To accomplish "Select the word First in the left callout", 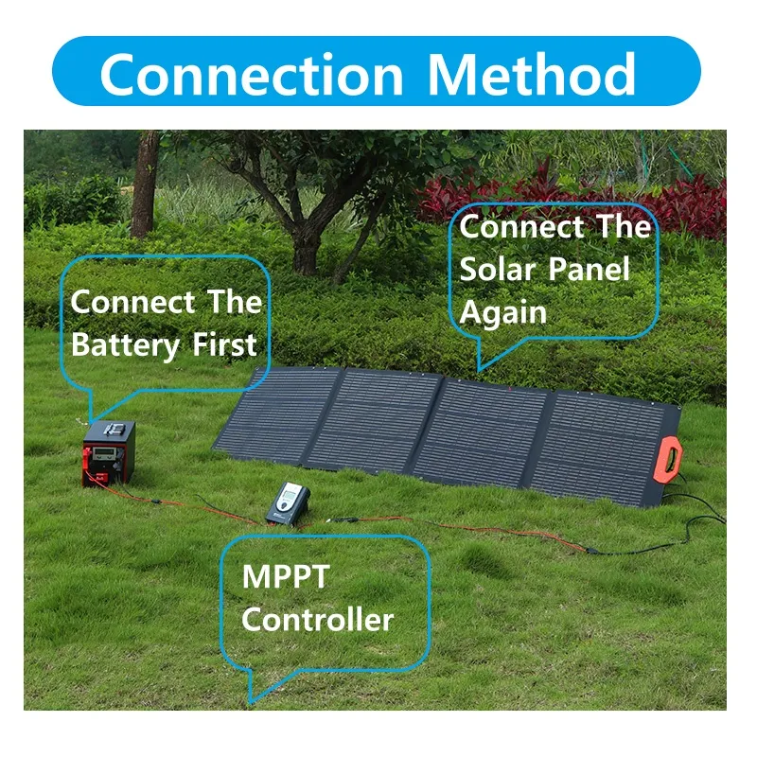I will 224,345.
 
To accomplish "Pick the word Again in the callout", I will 503,311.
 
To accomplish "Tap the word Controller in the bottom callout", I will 317,620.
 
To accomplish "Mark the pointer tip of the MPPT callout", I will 250,701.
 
